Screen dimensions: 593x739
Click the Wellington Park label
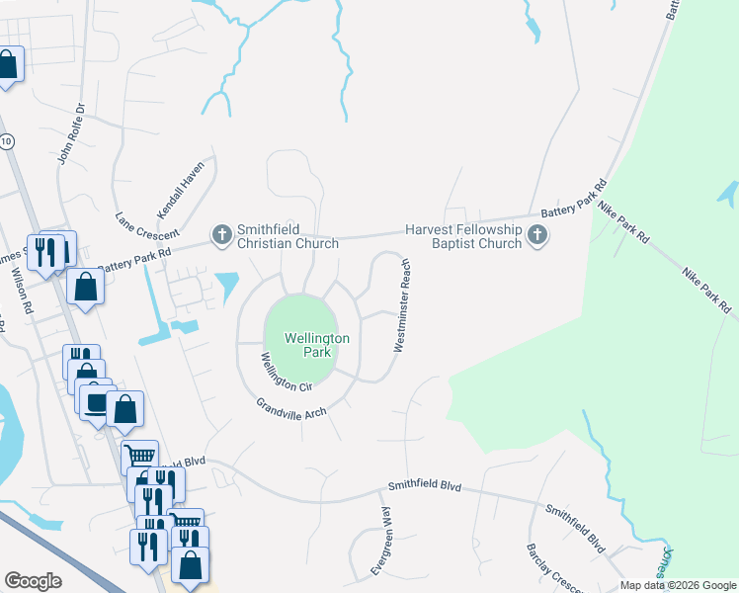pyautogui.click(x=317, y=345)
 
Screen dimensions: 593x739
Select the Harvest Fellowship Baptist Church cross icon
pyautogui.click(x=537, y=234)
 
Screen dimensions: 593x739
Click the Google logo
pyautogui.click(x=33, y=581)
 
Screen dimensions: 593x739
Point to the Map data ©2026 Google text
pyautogui.click(x=678, y=585)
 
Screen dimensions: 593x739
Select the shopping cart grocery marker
pyautogui.click(x=139, y=457)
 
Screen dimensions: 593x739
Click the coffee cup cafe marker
pyautogui.click(x=96, y=404)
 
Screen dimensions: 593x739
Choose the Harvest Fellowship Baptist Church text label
pyautogui.click(x=462, y=236)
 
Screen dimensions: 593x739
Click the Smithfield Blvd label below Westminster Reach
pyautogui.click(x=425, y=486)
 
